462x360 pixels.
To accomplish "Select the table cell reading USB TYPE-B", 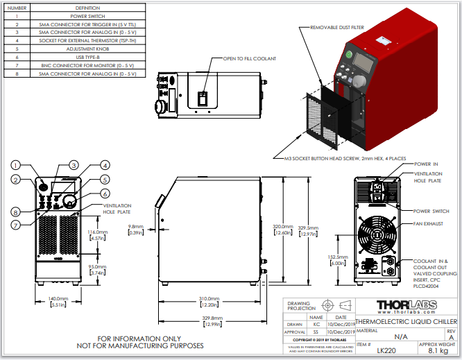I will click(87, 57).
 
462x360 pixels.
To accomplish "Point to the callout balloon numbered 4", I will click(105, 165).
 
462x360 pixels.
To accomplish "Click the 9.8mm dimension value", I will click(136, 226).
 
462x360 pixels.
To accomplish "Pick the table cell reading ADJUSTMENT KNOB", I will click(87, 49).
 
